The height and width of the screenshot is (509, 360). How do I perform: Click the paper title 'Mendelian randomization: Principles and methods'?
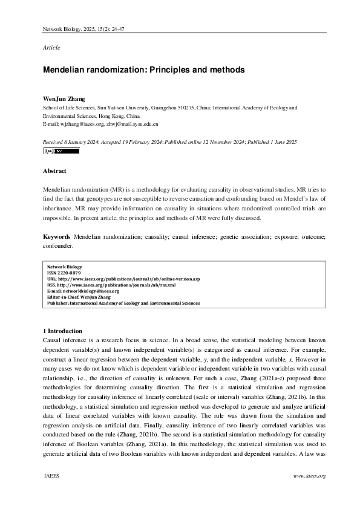143,70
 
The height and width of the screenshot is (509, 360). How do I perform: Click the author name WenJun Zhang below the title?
64,99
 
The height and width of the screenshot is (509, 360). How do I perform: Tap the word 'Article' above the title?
51,47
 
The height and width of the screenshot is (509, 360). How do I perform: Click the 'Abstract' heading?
54,171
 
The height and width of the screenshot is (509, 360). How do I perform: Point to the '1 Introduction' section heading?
62,331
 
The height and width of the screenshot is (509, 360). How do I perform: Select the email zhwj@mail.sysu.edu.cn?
133,123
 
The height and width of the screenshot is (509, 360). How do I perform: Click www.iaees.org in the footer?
309,476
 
